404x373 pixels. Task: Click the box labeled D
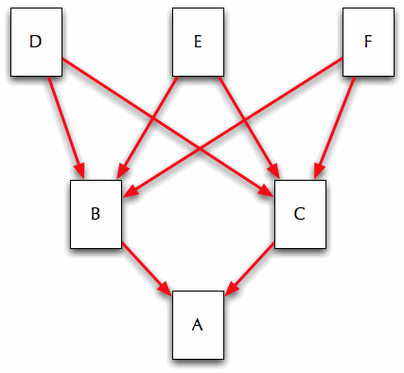pos(36,42)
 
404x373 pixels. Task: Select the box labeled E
pos(198,42)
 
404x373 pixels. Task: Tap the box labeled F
pos(367,42)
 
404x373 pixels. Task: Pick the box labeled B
pos(96,213)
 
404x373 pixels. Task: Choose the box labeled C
pos(299,213)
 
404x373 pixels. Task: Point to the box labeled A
pos(198,325)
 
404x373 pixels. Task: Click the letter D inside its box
pos(36,42)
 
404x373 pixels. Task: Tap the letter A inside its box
pos(198,325)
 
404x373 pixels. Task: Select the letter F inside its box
pos(367,42)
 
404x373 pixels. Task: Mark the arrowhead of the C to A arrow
pos(230,287)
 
